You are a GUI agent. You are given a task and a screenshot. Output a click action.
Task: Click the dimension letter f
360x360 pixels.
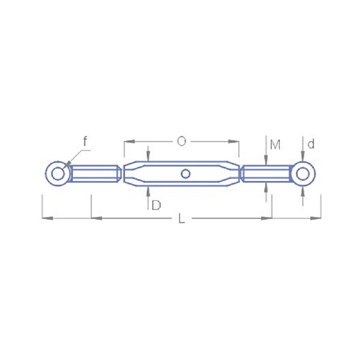85,141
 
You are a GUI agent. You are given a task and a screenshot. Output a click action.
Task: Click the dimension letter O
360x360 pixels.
182,142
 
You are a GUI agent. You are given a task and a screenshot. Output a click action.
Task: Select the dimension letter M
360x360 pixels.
275,145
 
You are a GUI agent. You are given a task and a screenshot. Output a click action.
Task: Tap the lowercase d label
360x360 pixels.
311,144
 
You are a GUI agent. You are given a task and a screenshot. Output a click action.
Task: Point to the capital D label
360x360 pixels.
156,206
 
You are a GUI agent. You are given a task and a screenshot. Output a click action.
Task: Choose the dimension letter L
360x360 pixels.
182,219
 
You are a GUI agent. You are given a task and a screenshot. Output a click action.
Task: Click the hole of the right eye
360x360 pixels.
303,174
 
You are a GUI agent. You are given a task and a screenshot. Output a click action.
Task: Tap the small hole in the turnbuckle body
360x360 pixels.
185,174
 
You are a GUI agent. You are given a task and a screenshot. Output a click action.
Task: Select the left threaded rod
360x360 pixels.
95,174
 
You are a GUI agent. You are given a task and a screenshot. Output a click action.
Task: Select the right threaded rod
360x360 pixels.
266,174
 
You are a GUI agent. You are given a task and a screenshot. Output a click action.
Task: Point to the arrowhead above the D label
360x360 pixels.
148,190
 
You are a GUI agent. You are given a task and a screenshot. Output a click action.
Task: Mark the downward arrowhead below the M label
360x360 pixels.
266,161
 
